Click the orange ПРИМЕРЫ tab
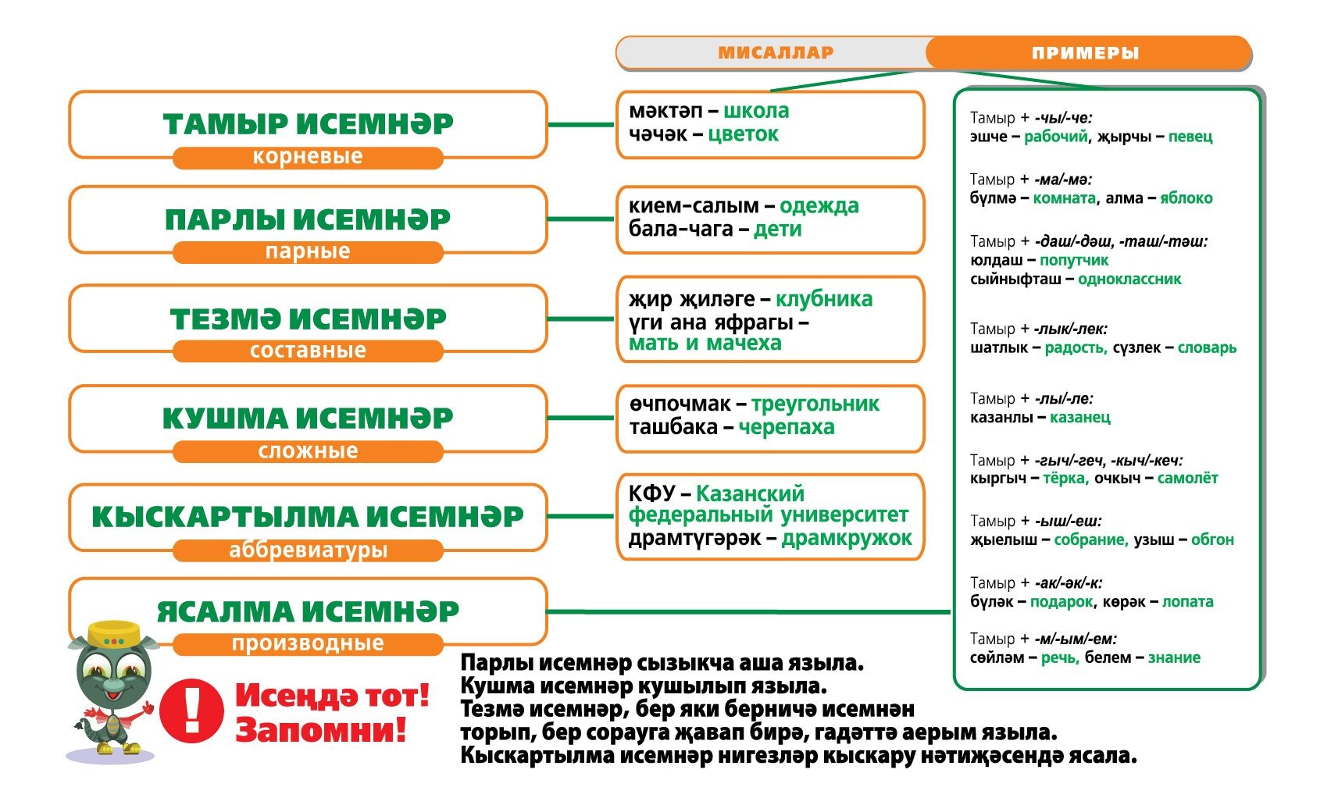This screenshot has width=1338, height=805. pyautogui.click(x=1086, y=53)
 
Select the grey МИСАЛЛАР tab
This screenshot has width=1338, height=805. pyautogui.click(x=776, y=53)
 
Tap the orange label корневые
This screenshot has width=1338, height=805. pyautogui.click(x=308, y=157)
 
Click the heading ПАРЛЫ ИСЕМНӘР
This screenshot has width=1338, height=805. pyautogui.click(x=308, y=219)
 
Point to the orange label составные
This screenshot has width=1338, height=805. pyautogui.click(x=308, y=351)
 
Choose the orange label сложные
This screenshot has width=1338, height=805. pyautogui.click(x=308, y=451)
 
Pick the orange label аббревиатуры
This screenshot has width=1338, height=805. pyautogui.click(x=308, y=550)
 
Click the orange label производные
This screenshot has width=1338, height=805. pyautogui.click(x=308, y=643)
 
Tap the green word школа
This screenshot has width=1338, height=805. pyautogui.click(x=756, y=111)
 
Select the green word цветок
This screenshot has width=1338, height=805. pyautogui.click(x=743, y=134)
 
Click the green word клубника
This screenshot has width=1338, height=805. pyautogui.click(x=824, y=299)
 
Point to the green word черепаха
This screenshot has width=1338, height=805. pyautogui.click(x=787, y=427)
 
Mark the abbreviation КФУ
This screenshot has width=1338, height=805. pyautogui.click(x=651, y=493)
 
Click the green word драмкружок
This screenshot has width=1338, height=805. pyautogui.click(x=847, y=538)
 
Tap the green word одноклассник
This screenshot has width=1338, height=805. pyautogui.click(x=1129, y=279)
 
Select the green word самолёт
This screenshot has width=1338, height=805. pyautogui.click(x=1187, y=478)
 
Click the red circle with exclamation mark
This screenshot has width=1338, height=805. pyautogui.click(x=191, y=711)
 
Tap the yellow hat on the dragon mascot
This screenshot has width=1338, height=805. pyautogui.click(x=114, y=634)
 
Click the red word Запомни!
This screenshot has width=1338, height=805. pyautogui.click(x=321, y=731)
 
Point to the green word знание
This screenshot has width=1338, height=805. pyautogui.click(x=1174, y=657)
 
